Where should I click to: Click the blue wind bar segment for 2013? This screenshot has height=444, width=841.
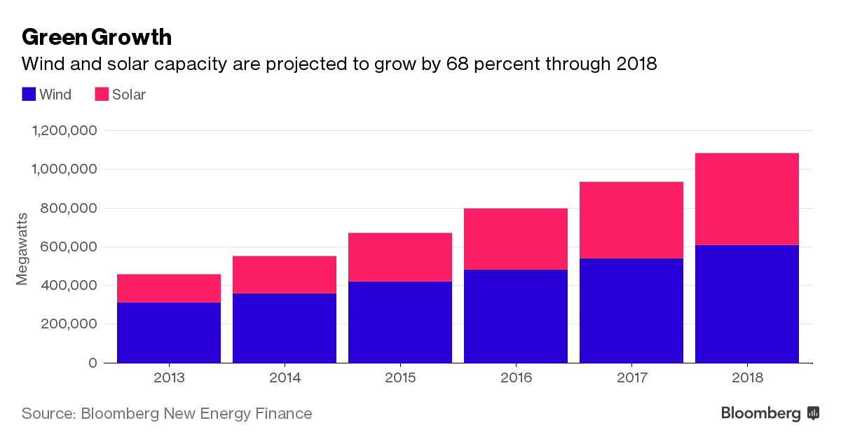169,332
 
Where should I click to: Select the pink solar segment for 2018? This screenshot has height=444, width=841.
746,199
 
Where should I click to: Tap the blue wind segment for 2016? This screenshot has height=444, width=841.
516,316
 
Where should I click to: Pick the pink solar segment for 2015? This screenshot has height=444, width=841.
400,257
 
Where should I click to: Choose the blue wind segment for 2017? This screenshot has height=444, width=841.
631,310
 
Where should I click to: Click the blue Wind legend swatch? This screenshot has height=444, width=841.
29,94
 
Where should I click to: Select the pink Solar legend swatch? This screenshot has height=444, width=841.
102,94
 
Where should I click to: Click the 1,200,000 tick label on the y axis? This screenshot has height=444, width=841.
64,131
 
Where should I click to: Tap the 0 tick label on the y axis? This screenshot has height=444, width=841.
92,363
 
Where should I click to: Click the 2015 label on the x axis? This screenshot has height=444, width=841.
400,378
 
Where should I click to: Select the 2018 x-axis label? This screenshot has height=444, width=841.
746,378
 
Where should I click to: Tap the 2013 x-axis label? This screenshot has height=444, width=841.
169,378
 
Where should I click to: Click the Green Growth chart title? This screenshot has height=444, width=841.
97,36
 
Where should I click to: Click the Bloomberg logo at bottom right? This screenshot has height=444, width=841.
770,413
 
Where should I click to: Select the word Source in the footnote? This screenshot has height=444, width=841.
46,413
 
